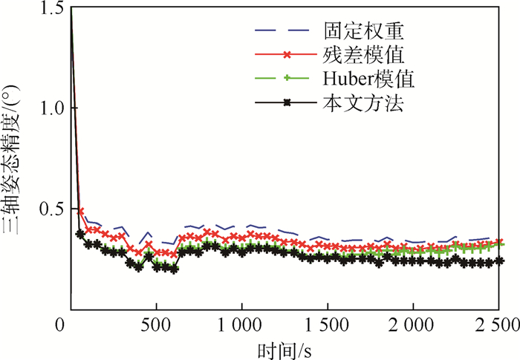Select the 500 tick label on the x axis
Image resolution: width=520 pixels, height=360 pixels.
tap(156, 324)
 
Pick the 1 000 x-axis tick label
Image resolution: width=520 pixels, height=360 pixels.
tap(241, 324)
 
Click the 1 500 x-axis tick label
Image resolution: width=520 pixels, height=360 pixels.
tap(328, 324)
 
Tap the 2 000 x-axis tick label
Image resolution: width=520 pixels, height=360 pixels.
tap(413, 324)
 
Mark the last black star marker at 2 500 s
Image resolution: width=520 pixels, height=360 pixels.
tap(499, 261)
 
